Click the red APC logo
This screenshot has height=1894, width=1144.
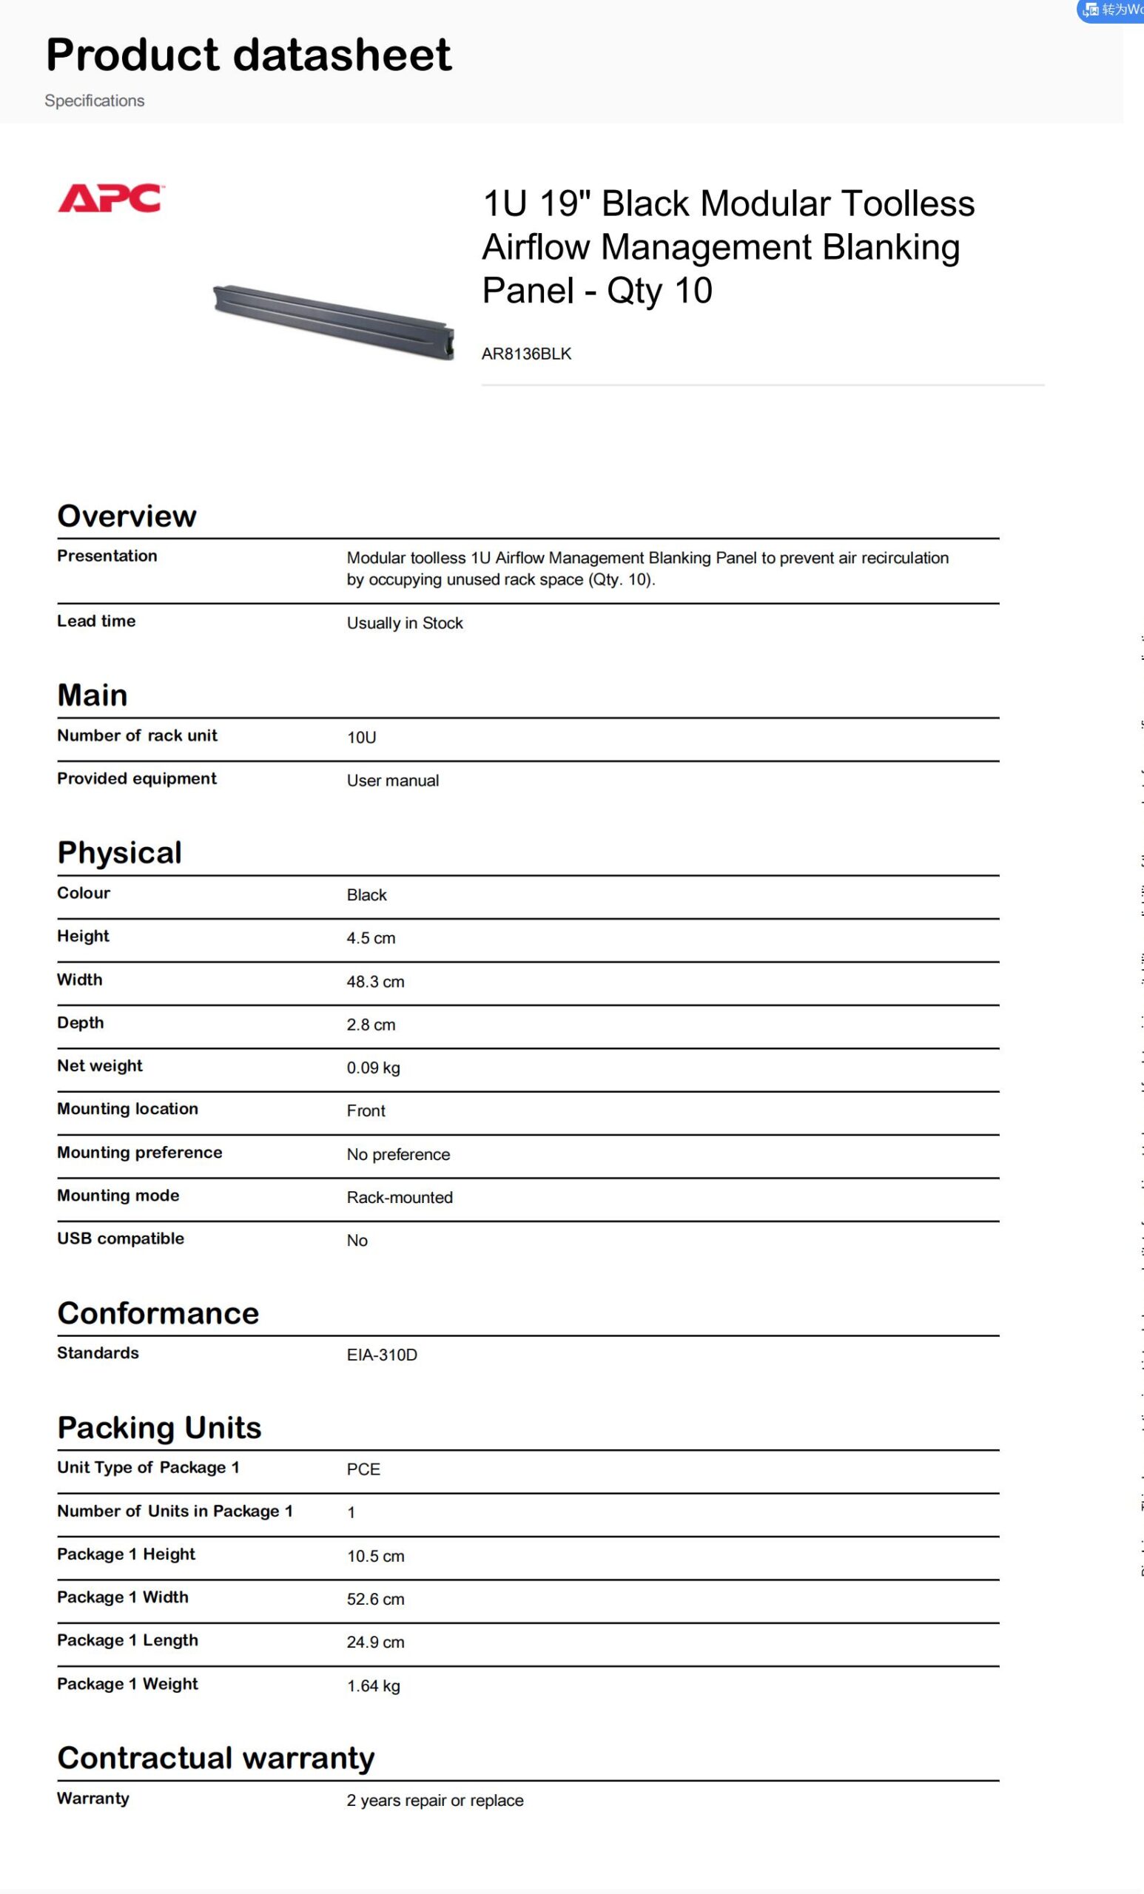pyautogui.click(x=111, y=198)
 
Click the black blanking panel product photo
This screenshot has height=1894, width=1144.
pyautogui.click(x=334, y=321)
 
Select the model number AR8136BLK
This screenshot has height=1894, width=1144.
pyautogui.click(x=526, y=354)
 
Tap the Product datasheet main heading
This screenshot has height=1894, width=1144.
pyautogui.click(x=249, y=55)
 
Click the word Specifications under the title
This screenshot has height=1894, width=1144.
pyautogui.click(x=95, y=101)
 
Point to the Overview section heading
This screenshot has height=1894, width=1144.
pyautogui.click(x=127, y=516)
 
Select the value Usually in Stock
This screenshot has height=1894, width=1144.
pyautogui.click(x=405, y=623)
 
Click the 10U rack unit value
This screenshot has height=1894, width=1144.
pyautogui.click(x=361, y=737)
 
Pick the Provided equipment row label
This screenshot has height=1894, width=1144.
pyautogui.click(x=137, y=778)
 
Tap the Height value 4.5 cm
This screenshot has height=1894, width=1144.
pyautogui.click(x=371, y=938)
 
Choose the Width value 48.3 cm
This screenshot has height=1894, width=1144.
pyautogui.click(x=375, y=982)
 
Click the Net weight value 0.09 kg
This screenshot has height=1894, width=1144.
pyautogui.click(x=373, y=1068)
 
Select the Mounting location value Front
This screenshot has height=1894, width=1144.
pyautogui.click(x=366, y=1111)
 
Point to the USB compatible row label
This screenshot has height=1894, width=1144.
pyautogui.click(x=121, y=1238)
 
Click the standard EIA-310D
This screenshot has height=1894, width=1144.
pyautogui.click(x=381, y=1355)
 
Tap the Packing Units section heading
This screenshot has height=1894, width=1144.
pyautogui.click(x=159, y=1427)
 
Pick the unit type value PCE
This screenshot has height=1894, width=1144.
pyautogui.click(x=363, y=1469)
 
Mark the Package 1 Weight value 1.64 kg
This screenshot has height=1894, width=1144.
pyautogui.click(x=373, y=1685)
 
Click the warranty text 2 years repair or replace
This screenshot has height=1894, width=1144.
pyautogui.click(x=434, y=1800)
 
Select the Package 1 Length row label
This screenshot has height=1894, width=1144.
pyautogui.click(x=127, y=1640)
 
